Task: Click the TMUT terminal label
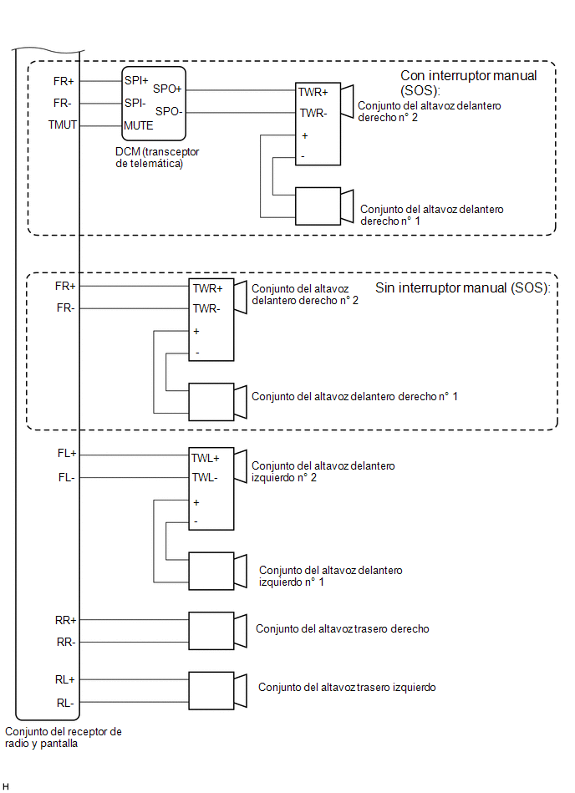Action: (x=62, y=125)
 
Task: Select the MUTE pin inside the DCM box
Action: (x=139, y=125)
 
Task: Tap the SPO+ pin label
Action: (x=167, y=89)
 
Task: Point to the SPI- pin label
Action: (x=135, y=103)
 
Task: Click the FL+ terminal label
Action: (x=67, y=454)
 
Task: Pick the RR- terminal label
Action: (x=66, y=643)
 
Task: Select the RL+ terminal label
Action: (x=64, y=680)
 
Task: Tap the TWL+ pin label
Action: (x=206, y=458)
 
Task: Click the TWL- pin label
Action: (x=205, y=477)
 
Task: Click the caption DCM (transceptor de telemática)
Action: (x=157, y=157)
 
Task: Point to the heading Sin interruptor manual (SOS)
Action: (x=463, y=287)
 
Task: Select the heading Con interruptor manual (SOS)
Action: (x=468, y=83)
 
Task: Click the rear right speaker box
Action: (x=211, y=631)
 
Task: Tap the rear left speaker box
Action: (x=211, y=691)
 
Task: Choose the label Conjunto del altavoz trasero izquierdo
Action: (x=347, y=688)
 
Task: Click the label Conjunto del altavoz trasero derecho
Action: (x=343, y=628)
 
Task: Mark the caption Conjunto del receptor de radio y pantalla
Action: (x=64, y=737)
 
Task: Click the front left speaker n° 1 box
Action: (x=211, y=571)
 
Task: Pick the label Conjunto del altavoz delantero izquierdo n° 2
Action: (x=323, y=471)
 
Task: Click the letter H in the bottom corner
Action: (x=6, y=786)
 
